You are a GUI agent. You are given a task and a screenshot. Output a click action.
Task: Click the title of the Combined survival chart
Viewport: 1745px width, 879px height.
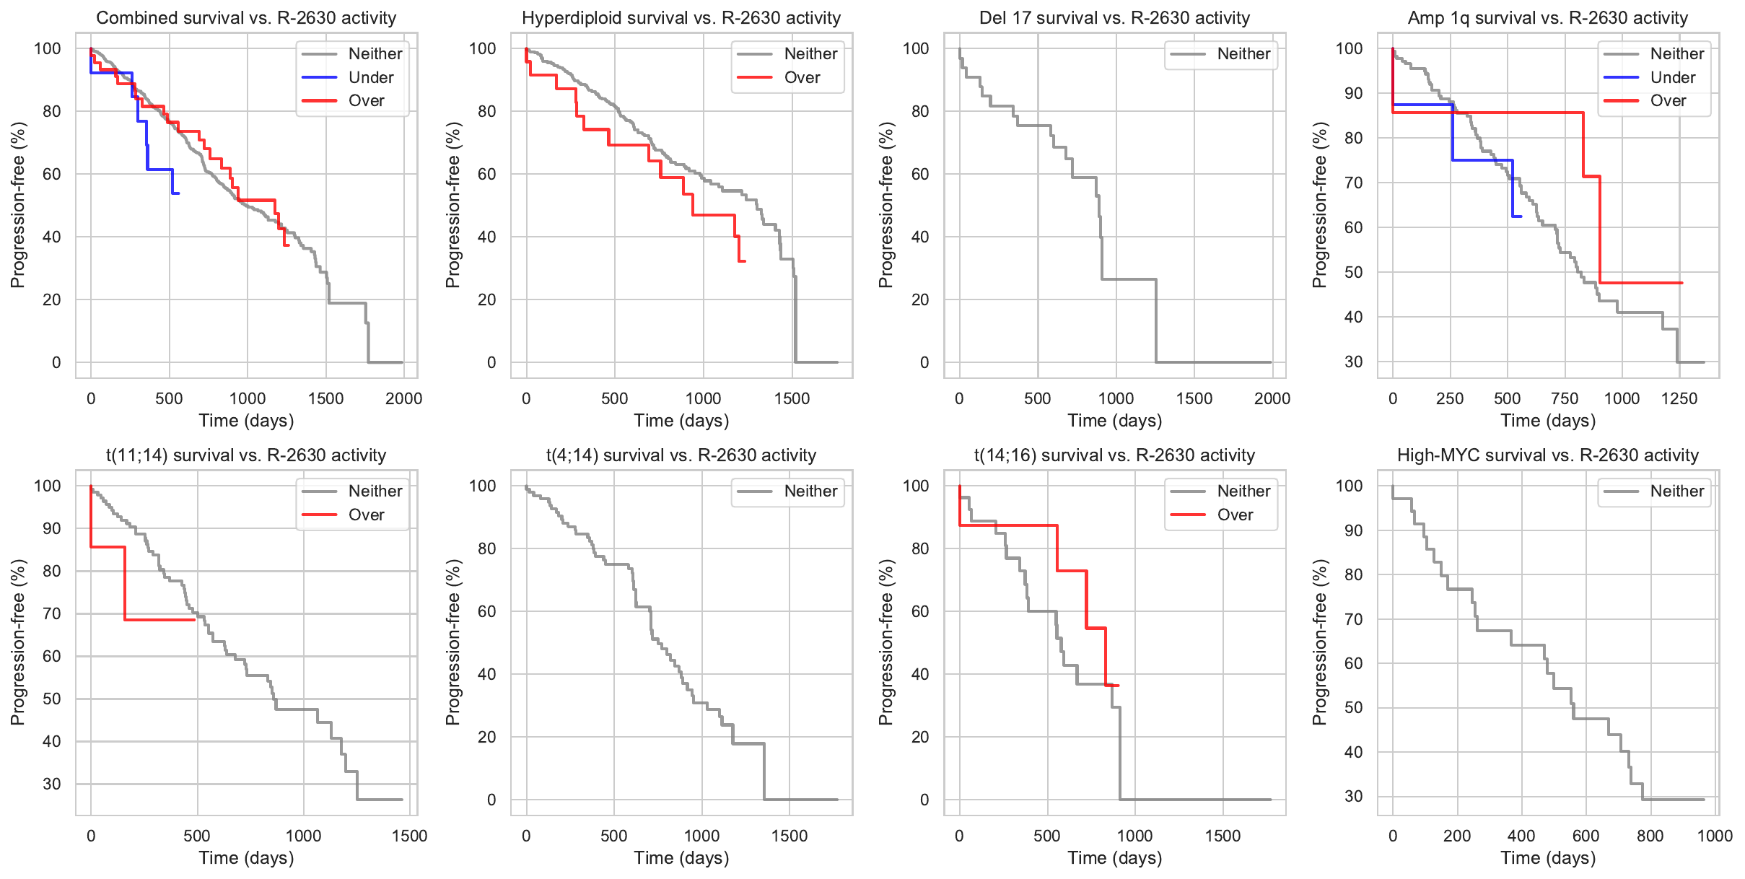[246, 18]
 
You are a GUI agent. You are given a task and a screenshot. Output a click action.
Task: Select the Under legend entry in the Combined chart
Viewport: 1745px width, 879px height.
[370, 77]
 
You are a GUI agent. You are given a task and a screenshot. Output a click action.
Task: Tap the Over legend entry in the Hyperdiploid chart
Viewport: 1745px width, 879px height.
[802, 77]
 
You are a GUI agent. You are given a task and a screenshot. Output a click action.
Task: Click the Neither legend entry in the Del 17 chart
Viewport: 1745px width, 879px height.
[1243, 53]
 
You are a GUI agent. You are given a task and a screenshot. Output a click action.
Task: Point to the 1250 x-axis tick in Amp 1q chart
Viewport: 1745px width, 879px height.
[1679, 398]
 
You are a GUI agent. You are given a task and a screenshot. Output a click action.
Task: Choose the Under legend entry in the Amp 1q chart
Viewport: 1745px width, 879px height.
[1672, 77]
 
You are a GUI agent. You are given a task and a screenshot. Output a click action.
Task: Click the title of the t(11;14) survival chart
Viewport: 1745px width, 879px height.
[246, 455]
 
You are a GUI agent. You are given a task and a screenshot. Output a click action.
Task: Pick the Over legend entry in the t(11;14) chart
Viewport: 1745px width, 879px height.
[366, 515]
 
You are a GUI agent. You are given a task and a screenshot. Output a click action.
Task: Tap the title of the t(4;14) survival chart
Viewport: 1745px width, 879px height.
[681, 455]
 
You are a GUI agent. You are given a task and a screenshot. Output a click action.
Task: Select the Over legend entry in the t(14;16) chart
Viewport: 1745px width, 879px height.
[1235, 515]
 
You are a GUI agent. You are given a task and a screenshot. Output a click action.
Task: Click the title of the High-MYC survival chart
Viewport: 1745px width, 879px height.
[1548, 455]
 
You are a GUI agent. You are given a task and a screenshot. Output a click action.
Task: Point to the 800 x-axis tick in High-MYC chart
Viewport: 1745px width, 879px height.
[1650, 836]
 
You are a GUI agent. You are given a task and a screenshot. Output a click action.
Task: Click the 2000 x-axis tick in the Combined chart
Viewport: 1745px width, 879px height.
[403, 398]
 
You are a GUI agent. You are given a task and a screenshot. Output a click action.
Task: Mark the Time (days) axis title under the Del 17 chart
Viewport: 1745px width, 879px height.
[1114, 420]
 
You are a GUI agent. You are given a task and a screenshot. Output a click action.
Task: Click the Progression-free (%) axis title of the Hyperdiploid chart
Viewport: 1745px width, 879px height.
[452, 205]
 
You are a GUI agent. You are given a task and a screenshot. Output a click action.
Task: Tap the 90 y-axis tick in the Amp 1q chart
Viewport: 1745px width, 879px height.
[1353, 93]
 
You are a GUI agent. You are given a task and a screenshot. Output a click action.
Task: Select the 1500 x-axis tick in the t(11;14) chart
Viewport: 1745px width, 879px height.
[409, 836]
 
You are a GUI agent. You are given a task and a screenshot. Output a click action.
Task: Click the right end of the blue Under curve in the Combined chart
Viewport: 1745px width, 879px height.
[178, 193]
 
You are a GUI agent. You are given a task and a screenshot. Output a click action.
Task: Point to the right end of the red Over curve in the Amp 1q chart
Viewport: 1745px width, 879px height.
[1681, 283]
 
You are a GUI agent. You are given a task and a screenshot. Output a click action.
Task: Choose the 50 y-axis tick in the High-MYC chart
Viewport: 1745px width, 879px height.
[1353, 708]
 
